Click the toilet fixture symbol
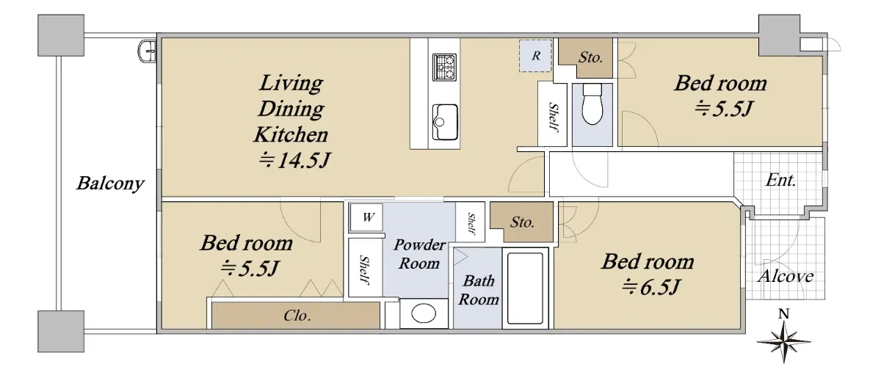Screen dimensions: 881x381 (x=592, y=104)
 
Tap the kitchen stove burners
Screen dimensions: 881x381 (x=444, y=68)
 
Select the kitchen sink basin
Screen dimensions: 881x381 (x=445, y=122)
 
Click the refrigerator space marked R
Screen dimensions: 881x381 (x=535, y=56)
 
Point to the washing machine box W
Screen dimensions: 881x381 (x=366, y=217)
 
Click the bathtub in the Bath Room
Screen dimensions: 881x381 (x=525, y=289)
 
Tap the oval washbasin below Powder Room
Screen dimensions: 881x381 (x=424, y=313)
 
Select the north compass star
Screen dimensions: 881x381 (x=783, y=341)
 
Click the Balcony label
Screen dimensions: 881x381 (x=111, y=184)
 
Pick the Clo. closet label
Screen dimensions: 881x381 (x=297, y=316)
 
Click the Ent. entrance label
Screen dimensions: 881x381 (x=780, y=181)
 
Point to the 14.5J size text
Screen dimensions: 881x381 (x=294, y=160)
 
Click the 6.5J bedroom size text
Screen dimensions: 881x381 (x=650, y=287)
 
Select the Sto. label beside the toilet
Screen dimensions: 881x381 (x=590, y=57)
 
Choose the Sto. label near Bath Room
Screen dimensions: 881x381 (x=522, y=222)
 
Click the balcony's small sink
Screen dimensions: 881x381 (x=148, y=51)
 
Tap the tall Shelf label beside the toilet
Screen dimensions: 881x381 (x=554, y=117)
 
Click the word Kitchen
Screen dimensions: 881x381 (x=291, y=134)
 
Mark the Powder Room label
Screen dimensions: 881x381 (x=419, y=254)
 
